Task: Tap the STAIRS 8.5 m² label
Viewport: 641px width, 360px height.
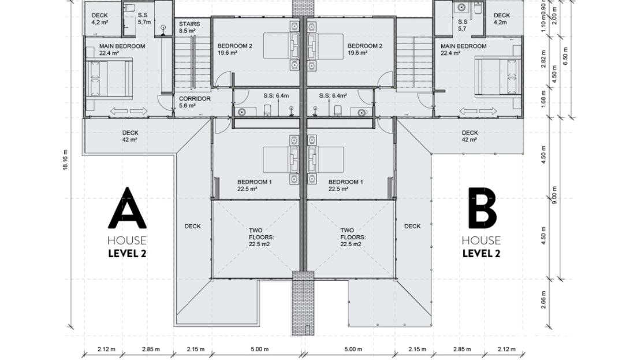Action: pos(189,27)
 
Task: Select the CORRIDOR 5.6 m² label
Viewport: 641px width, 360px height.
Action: pos(195,102)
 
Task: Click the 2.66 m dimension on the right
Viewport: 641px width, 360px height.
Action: pos(544,300)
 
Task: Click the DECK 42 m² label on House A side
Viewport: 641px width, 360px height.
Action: pos(130,136)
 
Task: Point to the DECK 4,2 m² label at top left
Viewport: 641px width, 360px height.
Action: pos(99,19)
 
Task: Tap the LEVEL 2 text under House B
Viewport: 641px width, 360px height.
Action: pos(481,254)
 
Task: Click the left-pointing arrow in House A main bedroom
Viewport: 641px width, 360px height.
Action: pos(118,111)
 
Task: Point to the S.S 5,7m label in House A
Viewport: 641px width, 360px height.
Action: pos(144,18)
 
